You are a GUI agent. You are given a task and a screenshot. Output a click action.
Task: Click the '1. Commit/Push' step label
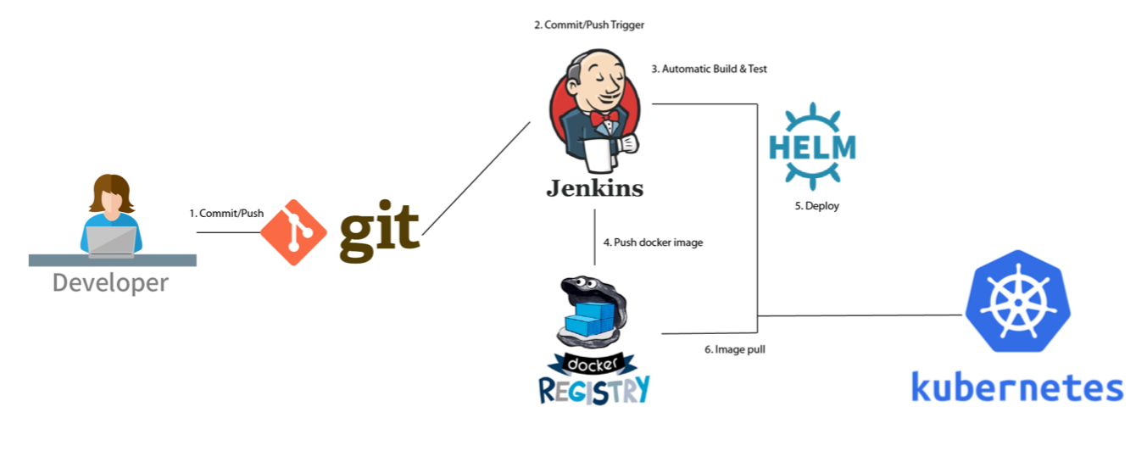[226, 214]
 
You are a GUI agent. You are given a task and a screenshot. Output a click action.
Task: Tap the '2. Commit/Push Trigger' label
[588, 25]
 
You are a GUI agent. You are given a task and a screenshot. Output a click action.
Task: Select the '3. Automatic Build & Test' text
[709, 69]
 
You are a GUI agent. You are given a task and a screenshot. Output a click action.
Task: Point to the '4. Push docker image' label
[653, 242]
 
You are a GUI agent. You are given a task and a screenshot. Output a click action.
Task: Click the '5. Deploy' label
[816, 206]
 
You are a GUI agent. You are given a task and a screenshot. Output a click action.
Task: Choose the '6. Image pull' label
[734, 349]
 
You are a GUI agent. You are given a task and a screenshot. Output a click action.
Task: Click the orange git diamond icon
[293, 232]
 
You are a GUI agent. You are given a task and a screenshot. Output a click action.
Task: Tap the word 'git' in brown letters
[379, 230]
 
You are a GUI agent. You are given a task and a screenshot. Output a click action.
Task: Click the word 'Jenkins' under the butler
[594, 187]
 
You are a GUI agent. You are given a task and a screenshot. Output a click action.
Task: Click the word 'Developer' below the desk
[110, 282]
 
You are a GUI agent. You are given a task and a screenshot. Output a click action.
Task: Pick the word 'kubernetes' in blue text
[1016, 387]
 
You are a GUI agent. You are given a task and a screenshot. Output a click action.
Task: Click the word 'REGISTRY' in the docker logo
[594, 389]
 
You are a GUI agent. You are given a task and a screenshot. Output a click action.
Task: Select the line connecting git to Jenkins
[476, 179]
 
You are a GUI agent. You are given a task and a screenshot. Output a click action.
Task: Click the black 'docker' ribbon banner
[593, 363]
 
